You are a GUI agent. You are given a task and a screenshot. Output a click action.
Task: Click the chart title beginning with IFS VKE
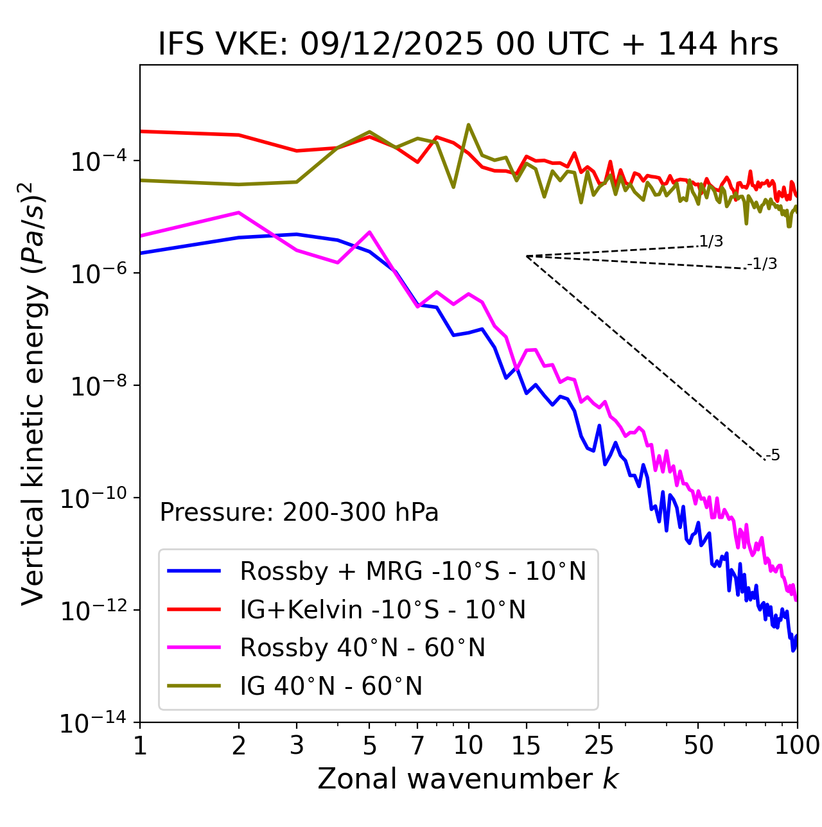[x=468, y=44]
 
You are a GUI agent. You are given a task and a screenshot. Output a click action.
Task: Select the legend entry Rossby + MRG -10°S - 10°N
[x=413, y=571]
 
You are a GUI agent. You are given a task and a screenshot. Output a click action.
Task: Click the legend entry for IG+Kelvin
[x=383, y=609]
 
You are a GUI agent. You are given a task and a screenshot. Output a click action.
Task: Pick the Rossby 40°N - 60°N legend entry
[x=362, y=648]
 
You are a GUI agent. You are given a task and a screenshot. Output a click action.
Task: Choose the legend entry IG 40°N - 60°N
[x=331, y=686]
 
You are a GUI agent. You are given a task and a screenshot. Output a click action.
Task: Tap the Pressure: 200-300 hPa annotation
[x=299, y=512]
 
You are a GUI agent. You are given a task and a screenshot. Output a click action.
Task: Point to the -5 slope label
[x=773, y=456]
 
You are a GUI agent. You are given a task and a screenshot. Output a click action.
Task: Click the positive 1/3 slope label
[x=711, y=241]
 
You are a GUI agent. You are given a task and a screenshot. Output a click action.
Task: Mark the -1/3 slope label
[x=762, y=264]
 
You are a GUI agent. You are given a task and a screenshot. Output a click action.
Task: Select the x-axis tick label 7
[x=417, y=745]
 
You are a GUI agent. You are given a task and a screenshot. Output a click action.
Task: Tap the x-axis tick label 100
[x=797, y=745]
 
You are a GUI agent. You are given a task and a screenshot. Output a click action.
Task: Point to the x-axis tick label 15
[x=526, y=745]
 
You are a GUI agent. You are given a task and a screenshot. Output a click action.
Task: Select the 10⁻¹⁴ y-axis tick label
[x=93, y=723]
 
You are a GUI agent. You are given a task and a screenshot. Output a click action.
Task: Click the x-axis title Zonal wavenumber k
[x=468, y=779]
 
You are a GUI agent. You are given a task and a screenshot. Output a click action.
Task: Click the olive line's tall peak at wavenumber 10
[x=468, y=125]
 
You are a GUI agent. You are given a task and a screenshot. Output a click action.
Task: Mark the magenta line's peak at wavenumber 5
[x=369, y=232]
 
